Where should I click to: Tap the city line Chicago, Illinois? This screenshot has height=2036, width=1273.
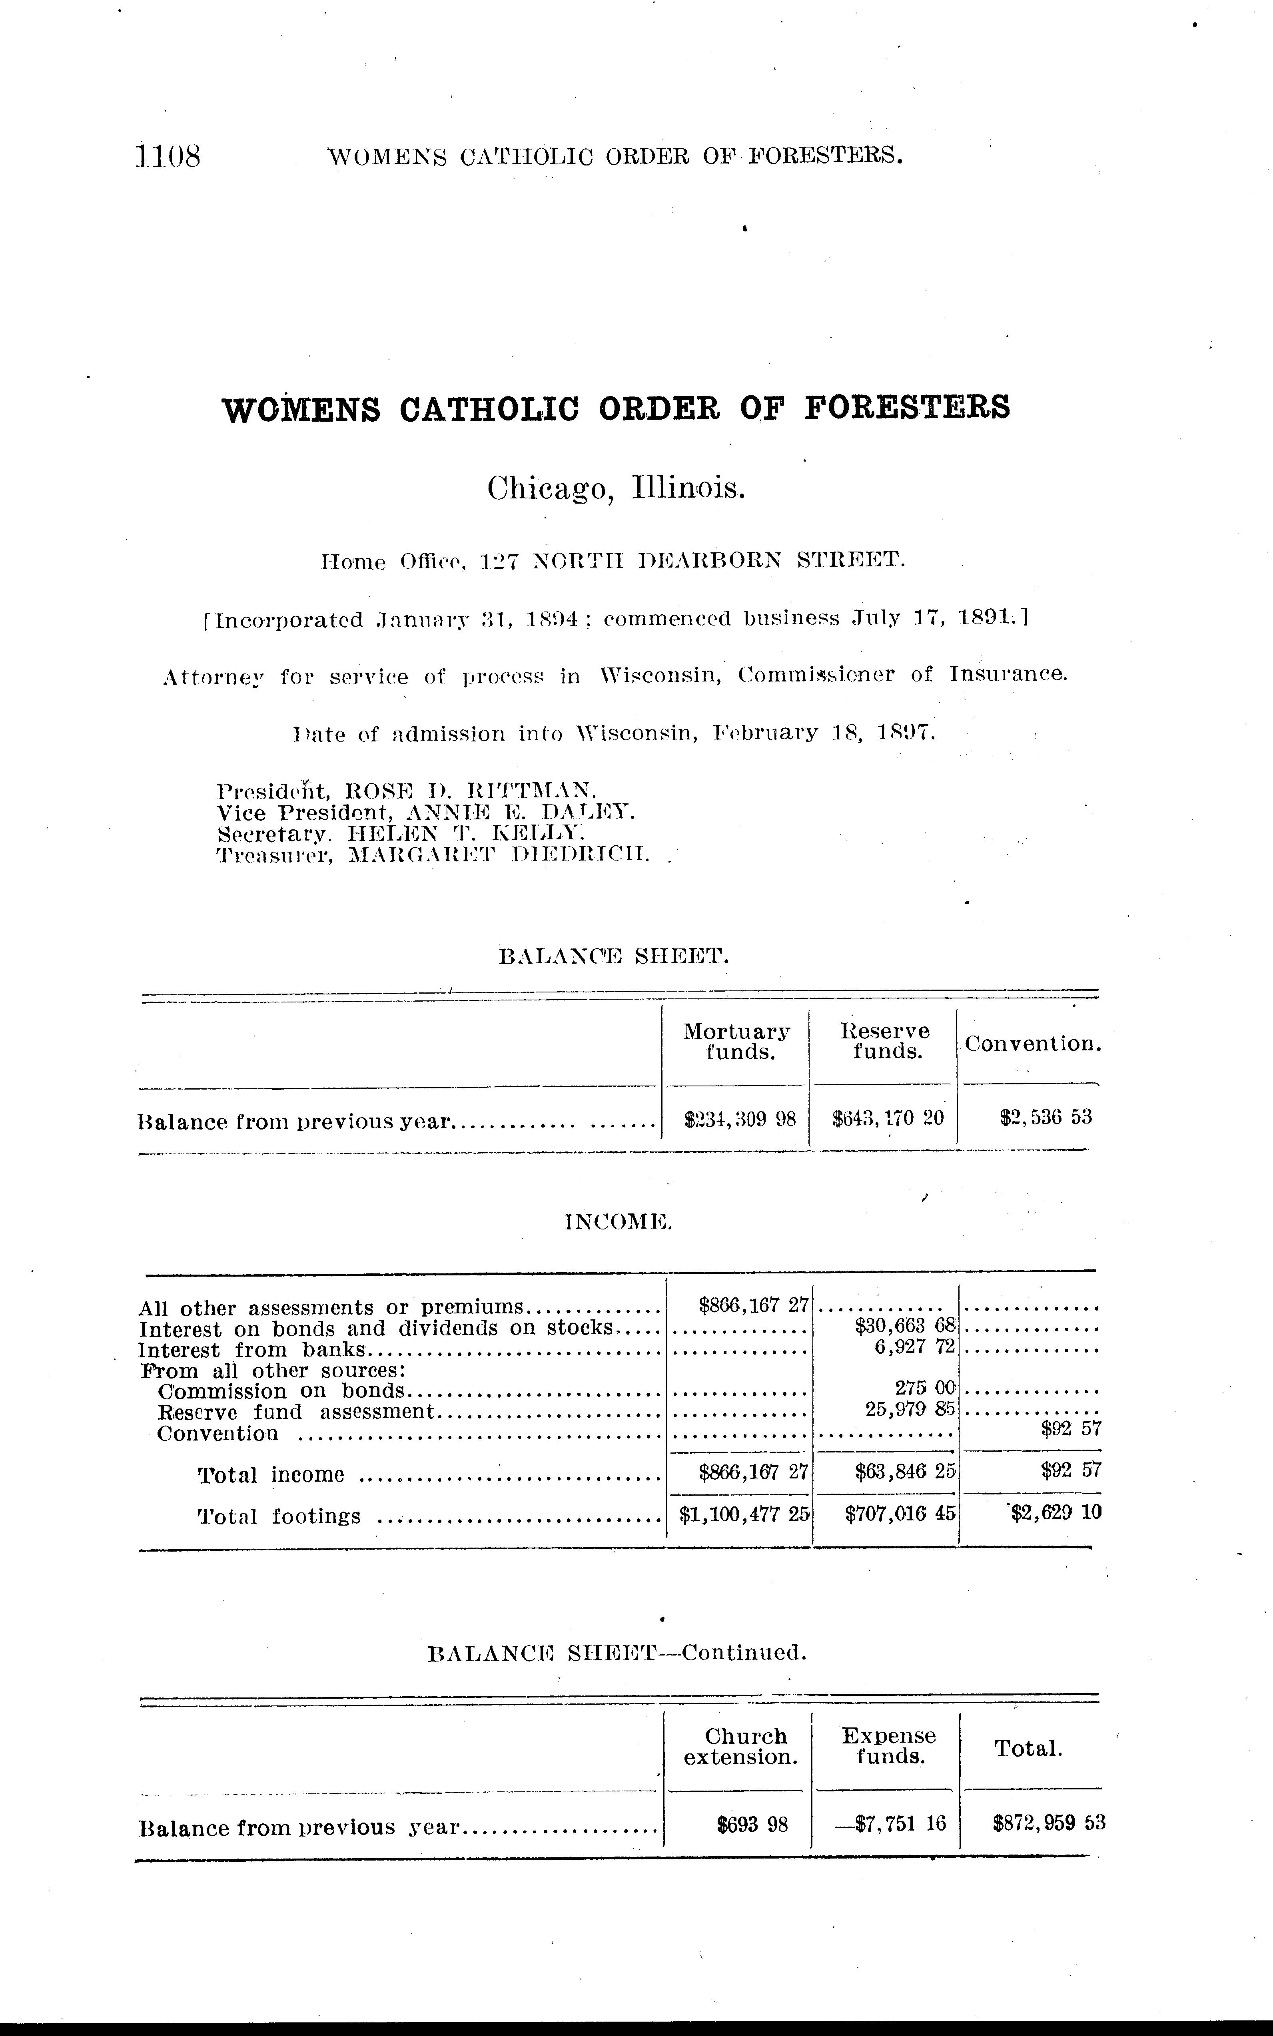point(616,488)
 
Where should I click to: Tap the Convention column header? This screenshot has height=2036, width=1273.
point(1032,1044)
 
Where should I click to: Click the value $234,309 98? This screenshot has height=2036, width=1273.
point(740,1119)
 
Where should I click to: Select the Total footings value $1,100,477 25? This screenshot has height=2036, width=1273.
point(744,1513)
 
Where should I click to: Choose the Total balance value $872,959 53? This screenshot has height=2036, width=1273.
point(1048,1824)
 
